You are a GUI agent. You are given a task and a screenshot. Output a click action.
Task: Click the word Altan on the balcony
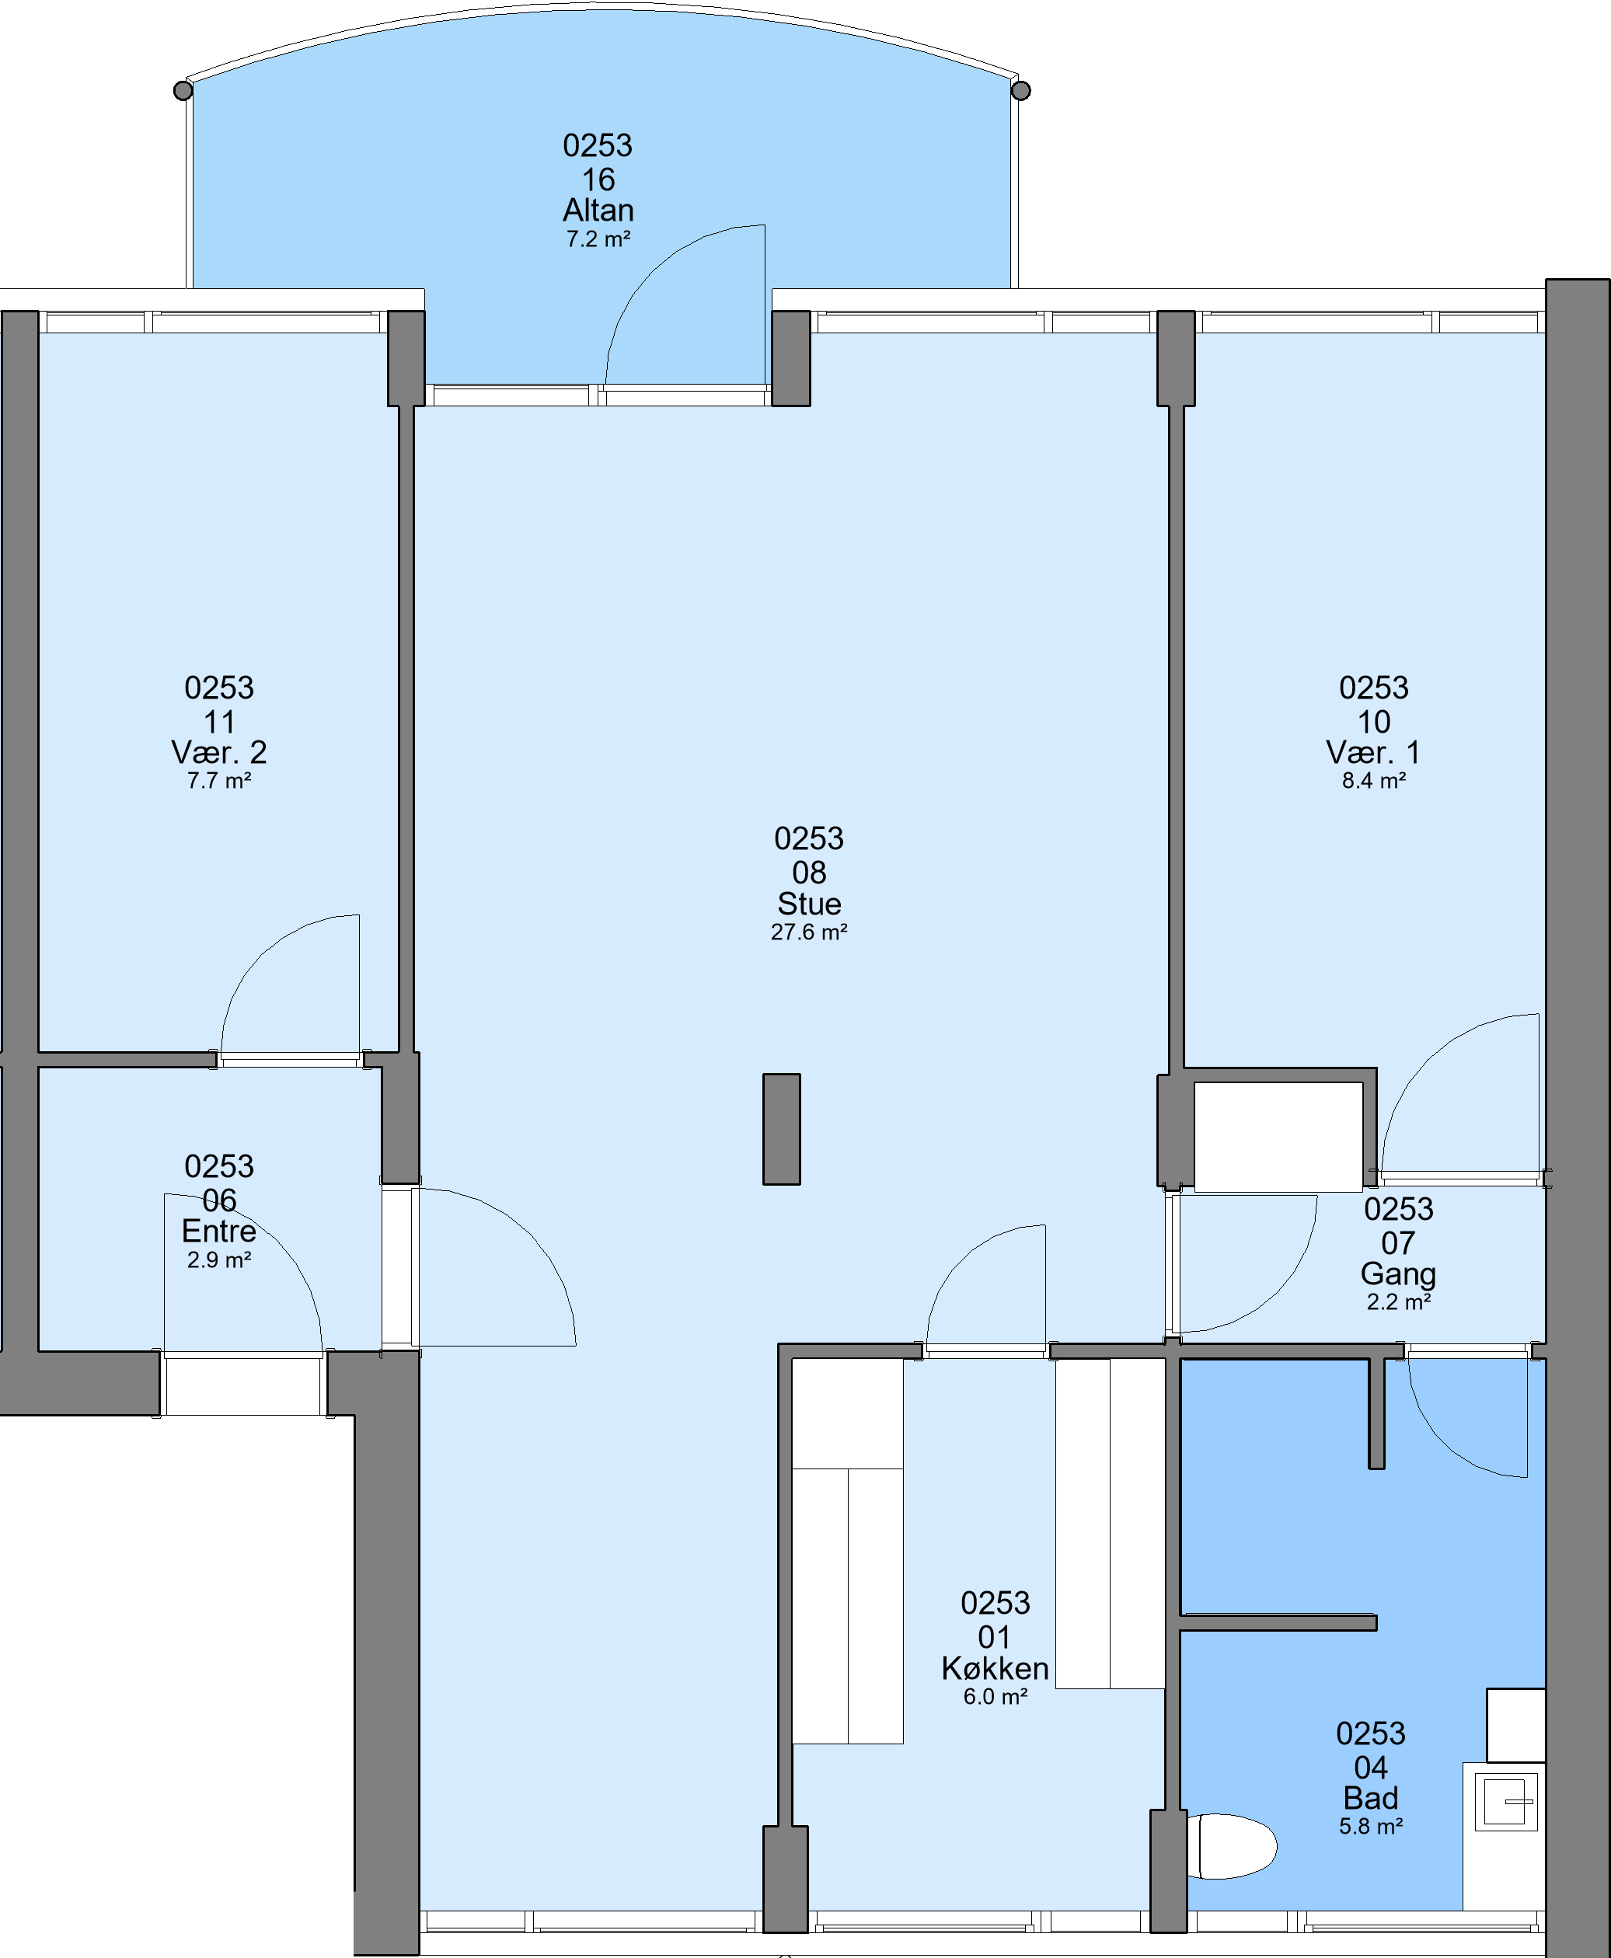point(598,210)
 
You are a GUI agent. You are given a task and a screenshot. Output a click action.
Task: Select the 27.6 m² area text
point(809,932)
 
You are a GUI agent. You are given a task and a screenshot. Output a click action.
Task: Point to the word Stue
point(809,903)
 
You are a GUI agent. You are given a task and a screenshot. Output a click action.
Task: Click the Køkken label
point(995,1668)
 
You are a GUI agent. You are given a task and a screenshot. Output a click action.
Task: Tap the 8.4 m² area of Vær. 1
point(1373,780)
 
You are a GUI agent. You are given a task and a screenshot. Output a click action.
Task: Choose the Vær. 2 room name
point(219,751)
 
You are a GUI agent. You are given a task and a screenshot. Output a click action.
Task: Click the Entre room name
point(219,1231)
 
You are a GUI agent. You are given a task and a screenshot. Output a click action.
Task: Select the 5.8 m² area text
point(1371,1826)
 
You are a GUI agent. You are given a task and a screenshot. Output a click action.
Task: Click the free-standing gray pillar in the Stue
point(781,1129)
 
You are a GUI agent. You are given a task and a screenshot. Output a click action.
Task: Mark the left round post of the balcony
point(183,90)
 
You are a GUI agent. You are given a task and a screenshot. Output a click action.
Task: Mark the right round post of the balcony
point(1021,90)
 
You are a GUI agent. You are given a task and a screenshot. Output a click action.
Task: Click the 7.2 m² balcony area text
point(598,239)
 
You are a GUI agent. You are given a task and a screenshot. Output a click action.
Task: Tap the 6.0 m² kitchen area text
point(995,1696)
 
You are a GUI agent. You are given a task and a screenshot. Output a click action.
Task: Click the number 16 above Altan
point(598,179)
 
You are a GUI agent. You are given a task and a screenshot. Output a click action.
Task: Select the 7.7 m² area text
point(219,780)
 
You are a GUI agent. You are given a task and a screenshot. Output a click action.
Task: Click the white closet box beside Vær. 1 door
point(1278,1137)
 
